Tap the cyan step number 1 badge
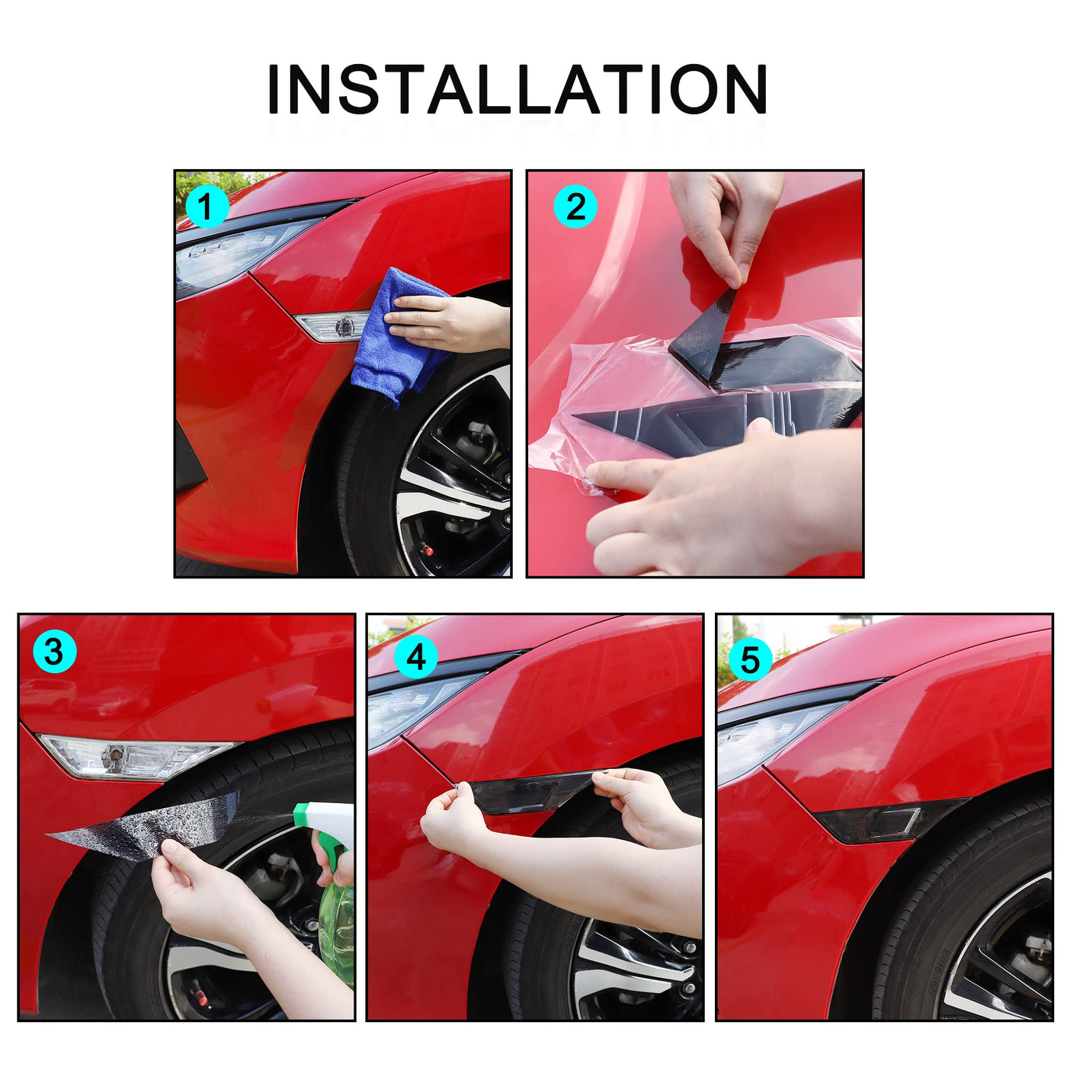(207, 207)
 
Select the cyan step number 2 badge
(576, 207)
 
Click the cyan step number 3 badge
(54, 652)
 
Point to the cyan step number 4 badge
(416, 657)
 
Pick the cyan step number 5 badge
(750, 659)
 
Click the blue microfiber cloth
(399, 335)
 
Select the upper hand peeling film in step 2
(726, 222)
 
